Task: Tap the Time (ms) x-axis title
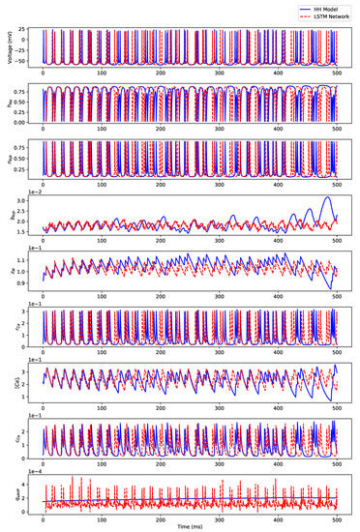pos(190,526)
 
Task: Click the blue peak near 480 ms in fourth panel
pos(327,198)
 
